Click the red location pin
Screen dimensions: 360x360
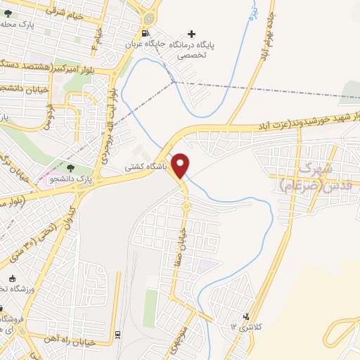click(x=181, y=165)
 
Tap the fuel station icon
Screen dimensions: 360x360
click(x=145, y=33)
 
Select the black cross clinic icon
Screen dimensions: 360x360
click(x=191, y=34)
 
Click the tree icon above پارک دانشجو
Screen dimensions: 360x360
click(x=69, y=167)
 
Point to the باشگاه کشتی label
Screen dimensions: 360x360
click(x=145, y=168)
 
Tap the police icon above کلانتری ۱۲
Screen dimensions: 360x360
click(x=245, y=316)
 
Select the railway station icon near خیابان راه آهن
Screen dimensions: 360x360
click(x=117, y=334)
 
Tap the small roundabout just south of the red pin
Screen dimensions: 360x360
click(x=186, y=206)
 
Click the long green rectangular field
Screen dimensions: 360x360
click(x=150, y=308)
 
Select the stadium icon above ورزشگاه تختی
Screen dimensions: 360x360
click(x=2, y=308)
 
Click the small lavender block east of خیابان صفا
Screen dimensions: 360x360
click(x=205, y=266)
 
